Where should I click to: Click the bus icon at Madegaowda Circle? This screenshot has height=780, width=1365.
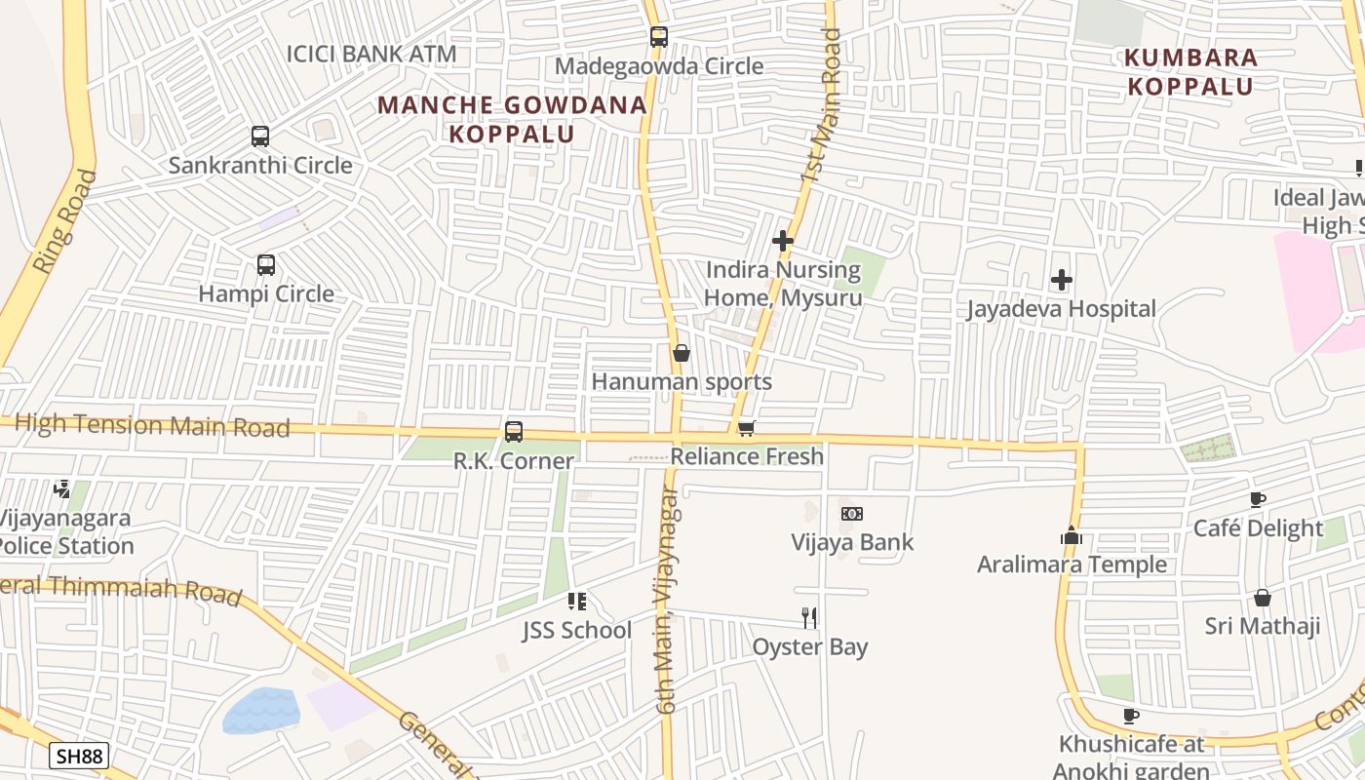click(659, 37)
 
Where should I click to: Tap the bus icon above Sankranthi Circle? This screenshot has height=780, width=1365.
click(260, 136)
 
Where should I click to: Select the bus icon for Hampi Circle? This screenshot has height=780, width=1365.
click(265, 264)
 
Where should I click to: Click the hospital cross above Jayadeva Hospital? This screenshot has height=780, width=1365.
click(1062, 281)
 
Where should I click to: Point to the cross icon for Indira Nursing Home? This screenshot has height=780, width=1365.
click(782, 241)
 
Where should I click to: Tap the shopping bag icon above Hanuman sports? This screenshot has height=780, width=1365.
click(682, 353)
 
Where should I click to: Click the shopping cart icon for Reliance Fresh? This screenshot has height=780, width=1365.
click(747, 428)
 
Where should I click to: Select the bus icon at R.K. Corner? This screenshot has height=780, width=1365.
click(514, 431)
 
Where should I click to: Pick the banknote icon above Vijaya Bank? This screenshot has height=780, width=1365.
click(852, 514)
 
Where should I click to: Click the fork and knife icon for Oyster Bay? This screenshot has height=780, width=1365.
click(809, 617)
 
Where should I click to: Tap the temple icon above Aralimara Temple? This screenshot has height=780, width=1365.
click(1072, 536)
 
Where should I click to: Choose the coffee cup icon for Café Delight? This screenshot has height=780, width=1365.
click(1258, 500)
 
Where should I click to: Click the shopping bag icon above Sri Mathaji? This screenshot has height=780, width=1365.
click(1263, 598)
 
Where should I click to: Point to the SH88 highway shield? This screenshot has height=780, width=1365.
click(79, 756)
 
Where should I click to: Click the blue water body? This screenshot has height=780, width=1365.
click(260, 710)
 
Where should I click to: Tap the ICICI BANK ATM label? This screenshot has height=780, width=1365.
click(370, 54)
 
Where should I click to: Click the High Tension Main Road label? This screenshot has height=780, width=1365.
click(152, 426)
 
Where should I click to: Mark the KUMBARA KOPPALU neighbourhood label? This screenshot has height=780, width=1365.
click(1190, 71)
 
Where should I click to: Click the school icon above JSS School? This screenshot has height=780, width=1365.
click(576, 602)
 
